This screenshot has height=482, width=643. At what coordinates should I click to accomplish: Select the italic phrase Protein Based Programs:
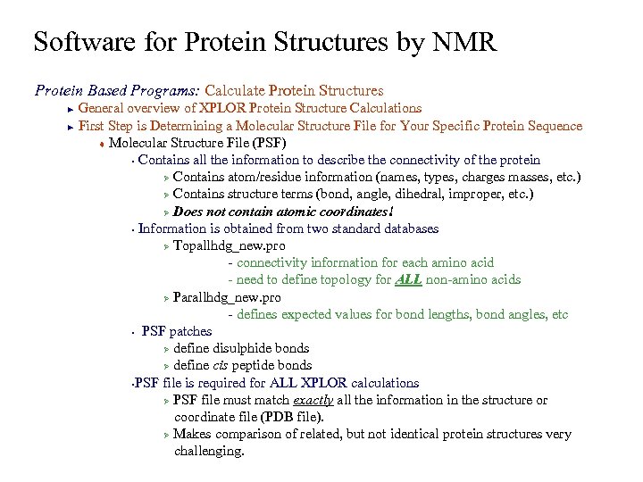point(117,90)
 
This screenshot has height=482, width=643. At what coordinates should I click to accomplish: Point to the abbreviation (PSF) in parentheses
point(270,143)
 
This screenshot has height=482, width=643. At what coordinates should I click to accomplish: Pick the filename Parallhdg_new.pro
point(227,297)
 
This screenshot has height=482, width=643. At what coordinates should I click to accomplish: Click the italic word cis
point(223,365)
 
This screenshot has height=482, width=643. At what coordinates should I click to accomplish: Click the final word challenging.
point(209,451)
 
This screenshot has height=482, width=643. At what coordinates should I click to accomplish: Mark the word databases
point(409,229)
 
